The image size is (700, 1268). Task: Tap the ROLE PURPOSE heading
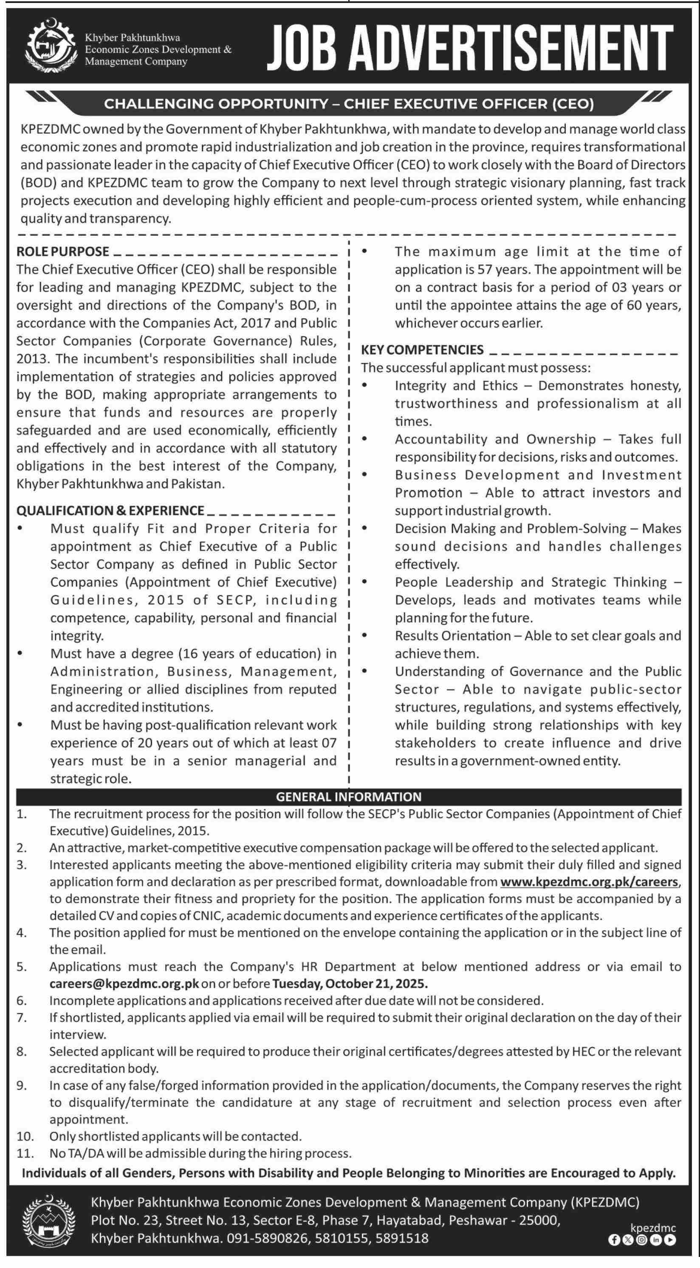click(62, 251)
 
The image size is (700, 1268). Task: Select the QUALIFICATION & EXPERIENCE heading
click(110, 510)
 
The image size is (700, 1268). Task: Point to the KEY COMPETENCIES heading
click(422, 350)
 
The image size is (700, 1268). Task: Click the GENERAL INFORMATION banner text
click(349, 797)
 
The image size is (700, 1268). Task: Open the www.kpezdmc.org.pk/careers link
click(589, 882)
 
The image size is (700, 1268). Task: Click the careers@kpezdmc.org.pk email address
click(124, 983)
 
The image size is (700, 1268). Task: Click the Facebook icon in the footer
click(614, 1240)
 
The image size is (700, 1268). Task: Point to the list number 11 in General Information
click(25, 1153)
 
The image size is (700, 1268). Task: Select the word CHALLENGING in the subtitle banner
click(159, 104)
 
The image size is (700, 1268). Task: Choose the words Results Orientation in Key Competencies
click(452, 636)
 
